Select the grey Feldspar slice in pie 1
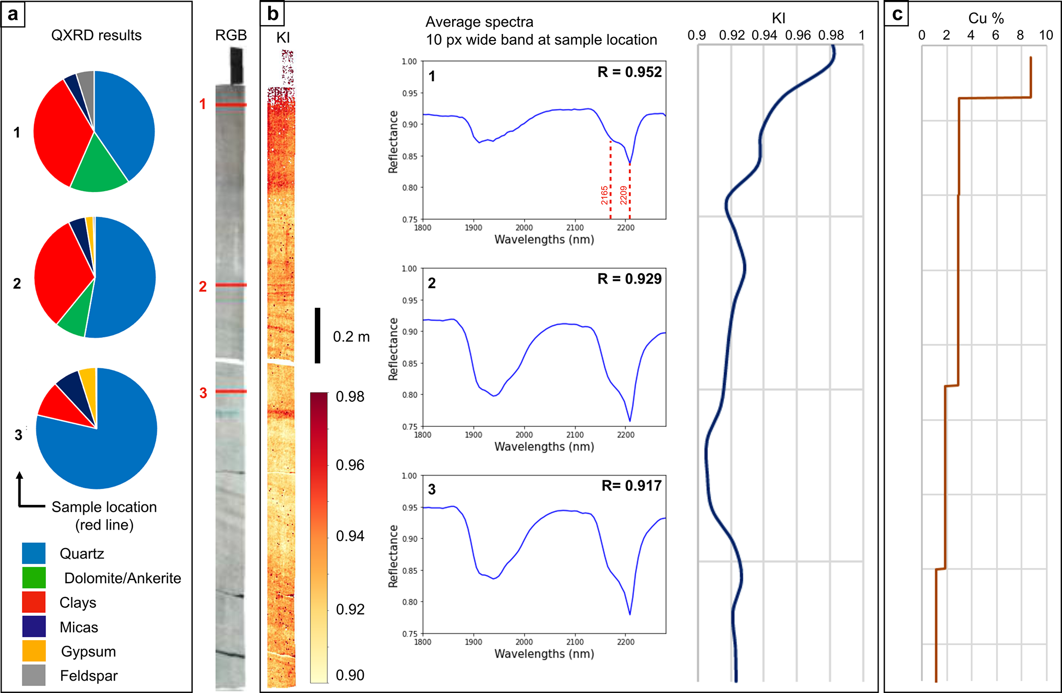click(x=87, y=82)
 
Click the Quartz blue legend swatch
click(x=33, y=553)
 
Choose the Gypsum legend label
click(x=88, y=651)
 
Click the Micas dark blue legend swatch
click(x=33, y=627)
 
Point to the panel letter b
click(x=272, y=14)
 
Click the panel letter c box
click(x=897, y=14)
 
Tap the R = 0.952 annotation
click(x=629, y=72)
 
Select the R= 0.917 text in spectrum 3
click(x=631, y=486)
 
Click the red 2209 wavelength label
click(x=623, y=195)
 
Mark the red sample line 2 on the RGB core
click(x=231, y=285)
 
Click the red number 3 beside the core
click(x=203, y=393)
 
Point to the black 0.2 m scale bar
click(x=318, y=335)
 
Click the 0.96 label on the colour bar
click(x=350, y=465)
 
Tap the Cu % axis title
click(x=985, y=18)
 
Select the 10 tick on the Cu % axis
click(x=1046, y=35)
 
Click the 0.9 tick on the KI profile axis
click(x=697, y=35)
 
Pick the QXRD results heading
click(x=96, y=35)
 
